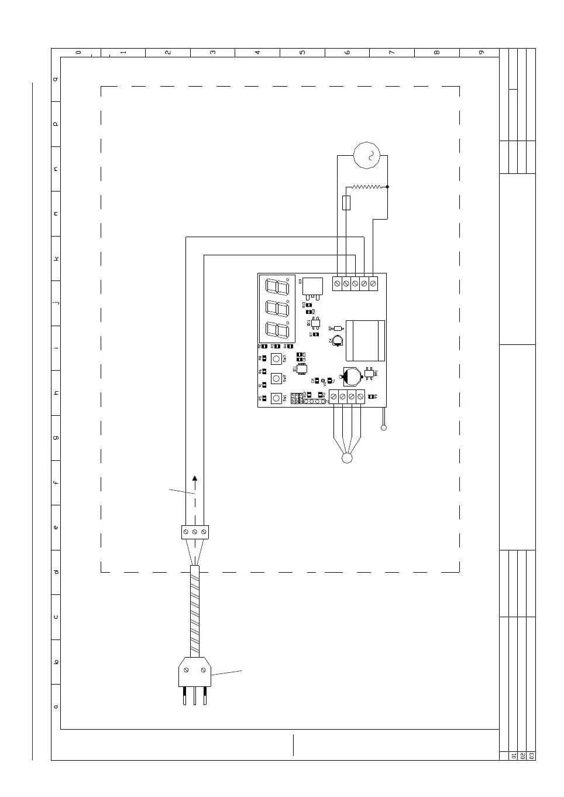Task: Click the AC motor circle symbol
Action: pos(367,155)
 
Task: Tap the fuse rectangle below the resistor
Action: pos(346,203)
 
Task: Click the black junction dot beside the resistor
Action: pos(387,187)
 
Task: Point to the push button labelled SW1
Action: pos(276,398)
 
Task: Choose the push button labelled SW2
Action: pos(276,378)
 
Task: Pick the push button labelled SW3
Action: pos(276,358)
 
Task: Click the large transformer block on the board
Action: pos(365,340)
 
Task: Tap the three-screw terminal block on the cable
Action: pos(195,532)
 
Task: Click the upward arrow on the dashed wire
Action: pos(195,478)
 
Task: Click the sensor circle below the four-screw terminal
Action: pos(347,458)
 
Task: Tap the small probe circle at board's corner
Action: pos(384,427)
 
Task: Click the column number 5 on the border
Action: pos(302,52)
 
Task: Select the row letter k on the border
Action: pos(56,258)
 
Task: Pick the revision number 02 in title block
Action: pos(523,755)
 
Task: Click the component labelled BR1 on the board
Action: pos(369,372)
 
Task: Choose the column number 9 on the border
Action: pos(482,52)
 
